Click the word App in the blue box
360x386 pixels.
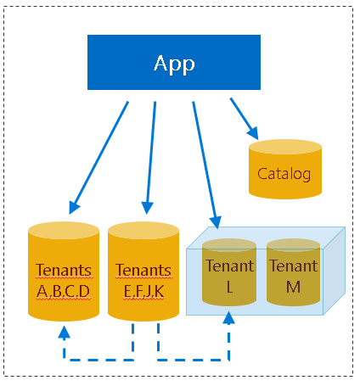point(174,63)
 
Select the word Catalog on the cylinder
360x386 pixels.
point(284,176)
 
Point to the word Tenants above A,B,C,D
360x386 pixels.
point(64,271)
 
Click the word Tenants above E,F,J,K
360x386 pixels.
point(143,271)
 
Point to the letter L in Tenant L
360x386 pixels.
point(229,286)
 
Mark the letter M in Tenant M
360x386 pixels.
point(293,286)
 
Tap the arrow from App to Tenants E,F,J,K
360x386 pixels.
point(151,157)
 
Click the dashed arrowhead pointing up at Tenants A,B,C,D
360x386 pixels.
point(63,332)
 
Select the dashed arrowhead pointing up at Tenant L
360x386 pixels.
point(228,316)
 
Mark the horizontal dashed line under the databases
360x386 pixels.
point(144,359)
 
